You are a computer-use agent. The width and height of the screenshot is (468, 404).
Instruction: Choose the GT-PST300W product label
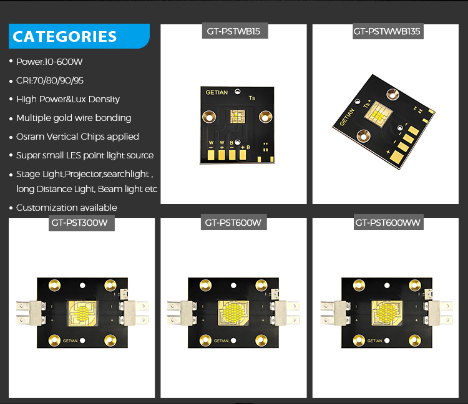[x=82, y=223]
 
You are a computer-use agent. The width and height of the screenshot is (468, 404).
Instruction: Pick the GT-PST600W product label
[x=233, y=223]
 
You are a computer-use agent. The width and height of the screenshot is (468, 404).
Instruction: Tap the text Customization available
[x=66, y=208]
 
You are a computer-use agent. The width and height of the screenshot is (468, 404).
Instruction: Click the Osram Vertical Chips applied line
[x=77, y=137]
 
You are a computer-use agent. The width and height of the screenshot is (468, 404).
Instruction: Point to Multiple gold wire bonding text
[x=74, y=118]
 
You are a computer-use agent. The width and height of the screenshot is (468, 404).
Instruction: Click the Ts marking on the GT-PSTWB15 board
[x=252, y=98]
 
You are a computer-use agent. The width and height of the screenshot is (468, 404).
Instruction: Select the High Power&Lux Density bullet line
[x=67, y=99]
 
